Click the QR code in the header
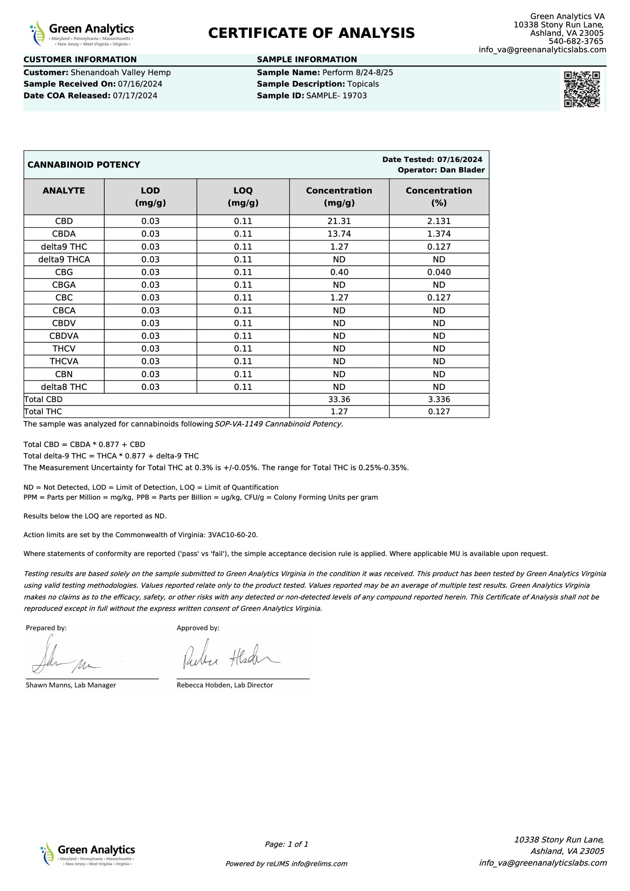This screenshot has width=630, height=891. (x=582, y=89)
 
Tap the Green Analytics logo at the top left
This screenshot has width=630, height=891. (x=82, y=34)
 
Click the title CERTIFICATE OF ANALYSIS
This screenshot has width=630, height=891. (x=311, y=33)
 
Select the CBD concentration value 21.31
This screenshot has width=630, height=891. (x=339, y=221)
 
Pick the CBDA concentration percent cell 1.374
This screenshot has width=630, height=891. (x=439, y=234)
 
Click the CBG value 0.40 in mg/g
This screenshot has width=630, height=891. (x=339, y=272)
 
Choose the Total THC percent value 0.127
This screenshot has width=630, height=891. (x=439, y=412)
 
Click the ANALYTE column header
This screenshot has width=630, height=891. (x=64, y=191)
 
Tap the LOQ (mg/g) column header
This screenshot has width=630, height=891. (x=243, y=196)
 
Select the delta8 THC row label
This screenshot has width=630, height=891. (x=64, y=387)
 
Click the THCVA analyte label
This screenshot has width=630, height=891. (x=64, y=362)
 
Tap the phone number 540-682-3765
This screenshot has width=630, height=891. (x=576, y=41)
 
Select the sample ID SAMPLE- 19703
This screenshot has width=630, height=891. (x=337, y=96)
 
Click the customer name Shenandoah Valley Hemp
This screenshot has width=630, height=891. (x=121, y=73)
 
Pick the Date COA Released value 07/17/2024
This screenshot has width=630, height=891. (x=135, y=96)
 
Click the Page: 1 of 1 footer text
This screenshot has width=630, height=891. (x=286, y=844)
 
